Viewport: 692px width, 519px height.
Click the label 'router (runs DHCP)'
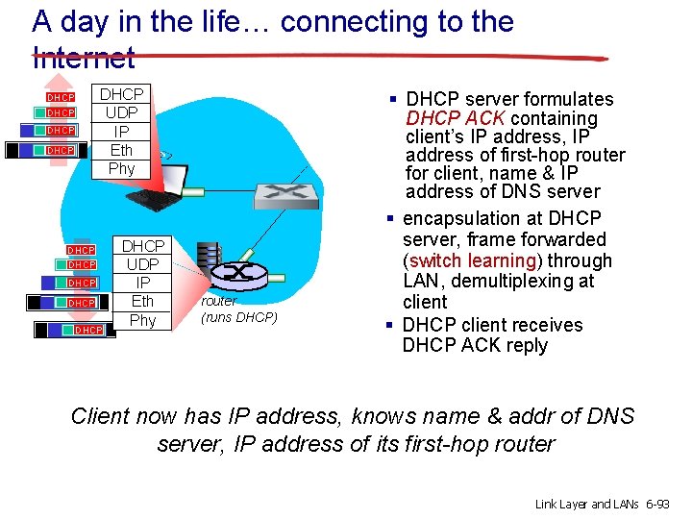pos(238,309)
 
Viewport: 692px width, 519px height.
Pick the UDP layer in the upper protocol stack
pos(121,112)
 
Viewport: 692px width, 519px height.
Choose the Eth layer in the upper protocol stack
pos(121,150)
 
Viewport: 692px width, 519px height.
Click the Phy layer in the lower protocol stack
pos(142,320)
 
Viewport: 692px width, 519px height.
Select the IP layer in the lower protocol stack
pos(142,283)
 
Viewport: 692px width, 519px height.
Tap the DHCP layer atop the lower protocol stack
pos(142,246)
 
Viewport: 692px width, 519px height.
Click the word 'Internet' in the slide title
pos(84,58)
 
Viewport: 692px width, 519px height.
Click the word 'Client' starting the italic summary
pos(101,416)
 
